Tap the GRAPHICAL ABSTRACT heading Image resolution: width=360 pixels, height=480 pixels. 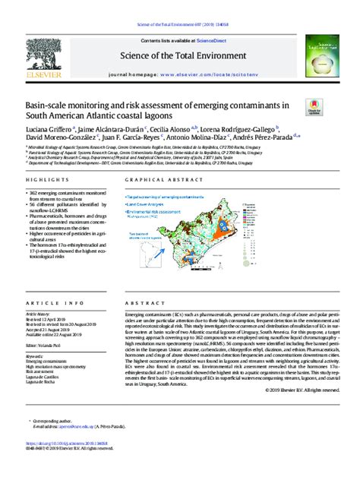click(156, 180)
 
